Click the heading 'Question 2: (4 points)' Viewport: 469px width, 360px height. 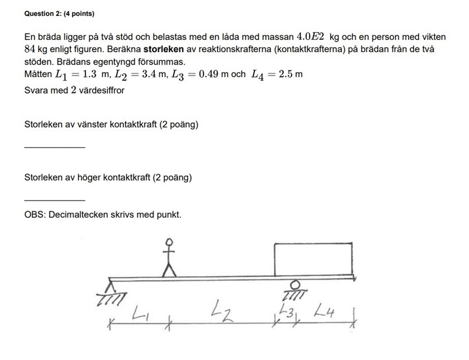(59, 13)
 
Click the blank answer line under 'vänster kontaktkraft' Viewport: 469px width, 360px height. (55, 146)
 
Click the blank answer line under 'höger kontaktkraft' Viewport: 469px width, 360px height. (55, 199)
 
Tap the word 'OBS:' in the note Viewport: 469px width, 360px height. (35, 215)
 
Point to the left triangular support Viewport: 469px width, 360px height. (110, 287)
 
